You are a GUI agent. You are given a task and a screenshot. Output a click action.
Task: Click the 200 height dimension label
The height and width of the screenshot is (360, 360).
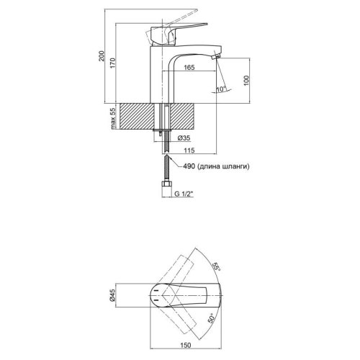click(x=102, y=56)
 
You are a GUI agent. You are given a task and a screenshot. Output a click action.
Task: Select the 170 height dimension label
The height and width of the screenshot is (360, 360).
click(x=113, y=63)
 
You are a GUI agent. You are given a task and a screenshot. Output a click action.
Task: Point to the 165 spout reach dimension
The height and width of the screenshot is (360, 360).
click(x=189, y=68)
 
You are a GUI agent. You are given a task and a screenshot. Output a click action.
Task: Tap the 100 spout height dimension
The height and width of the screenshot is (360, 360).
click(x=246, y=81)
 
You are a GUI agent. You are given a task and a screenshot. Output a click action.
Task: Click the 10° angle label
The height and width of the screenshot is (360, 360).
click(x=221, y=89)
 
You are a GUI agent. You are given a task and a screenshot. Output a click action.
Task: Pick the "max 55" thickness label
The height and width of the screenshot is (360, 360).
click(x=113, y=119)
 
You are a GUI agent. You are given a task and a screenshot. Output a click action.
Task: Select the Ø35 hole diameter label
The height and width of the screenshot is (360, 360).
click(x=184, y=138)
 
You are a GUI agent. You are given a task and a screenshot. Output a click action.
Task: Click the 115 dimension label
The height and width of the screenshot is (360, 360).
click(x=189, y=150)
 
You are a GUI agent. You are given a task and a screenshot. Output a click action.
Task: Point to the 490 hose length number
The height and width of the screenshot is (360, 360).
click(x=189, y=166)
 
